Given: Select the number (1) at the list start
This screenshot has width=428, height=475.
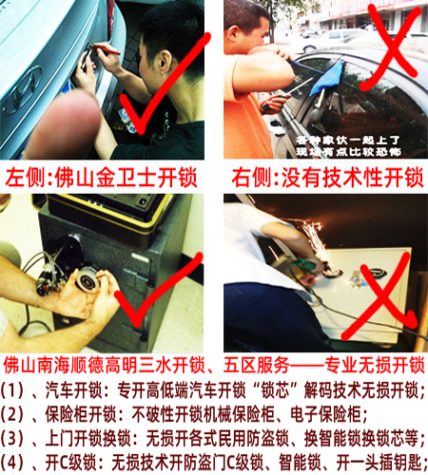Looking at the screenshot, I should point(16,389).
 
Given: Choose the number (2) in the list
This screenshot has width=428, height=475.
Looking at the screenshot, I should point(16,414).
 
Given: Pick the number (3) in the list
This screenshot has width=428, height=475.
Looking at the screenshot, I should point(16,439).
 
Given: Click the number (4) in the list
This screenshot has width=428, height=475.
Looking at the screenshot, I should point(16,463).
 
